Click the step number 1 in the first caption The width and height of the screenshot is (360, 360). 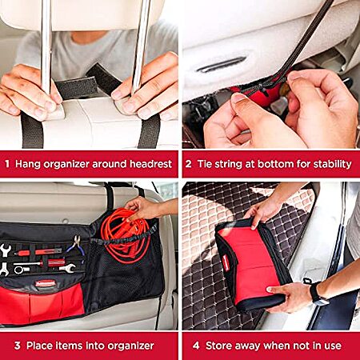tap(7, 164)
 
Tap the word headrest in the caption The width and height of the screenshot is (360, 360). tap(150, 164)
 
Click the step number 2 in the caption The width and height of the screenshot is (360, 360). tap(188, 164)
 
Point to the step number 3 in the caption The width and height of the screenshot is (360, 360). tap(18, 346)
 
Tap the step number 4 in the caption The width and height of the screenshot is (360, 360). tap(196, 346)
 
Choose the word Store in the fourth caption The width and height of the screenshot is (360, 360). tap(217, 346)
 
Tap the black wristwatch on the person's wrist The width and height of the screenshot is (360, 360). tap(317, 294)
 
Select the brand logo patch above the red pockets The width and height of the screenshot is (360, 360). tap(46, 283)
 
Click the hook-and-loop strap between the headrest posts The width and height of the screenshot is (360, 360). tap(88, 82)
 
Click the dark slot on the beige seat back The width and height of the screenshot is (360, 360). tap(222, 65)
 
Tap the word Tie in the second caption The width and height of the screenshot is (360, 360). tap(205, 164)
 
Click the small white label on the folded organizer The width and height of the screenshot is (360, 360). tap(226, 262)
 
